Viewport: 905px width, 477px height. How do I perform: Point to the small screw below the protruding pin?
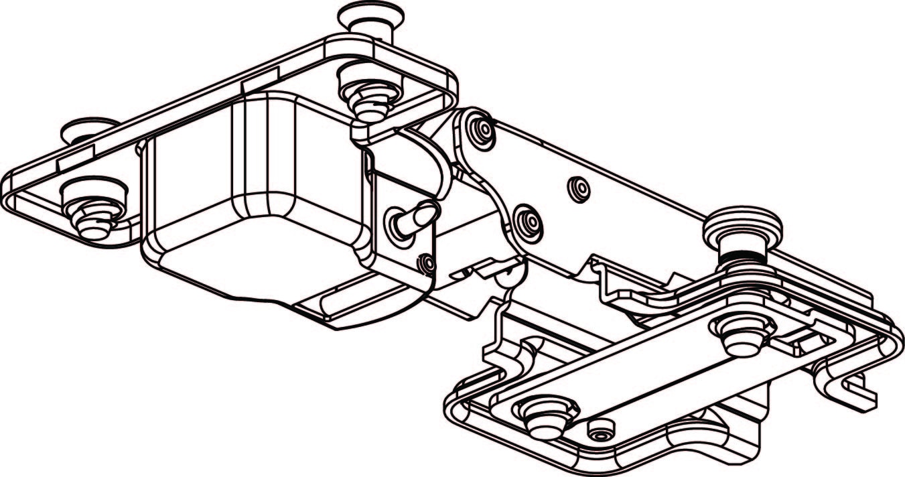425,265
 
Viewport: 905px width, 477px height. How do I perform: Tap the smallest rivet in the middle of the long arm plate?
578,189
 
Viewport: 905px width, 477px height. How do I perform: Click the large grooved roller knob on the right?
742,231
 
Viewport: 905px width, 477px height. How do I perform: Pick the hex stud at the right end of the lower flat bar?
743,333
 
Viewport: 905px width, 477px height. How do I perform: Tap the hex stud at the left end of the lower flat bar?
548,417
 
